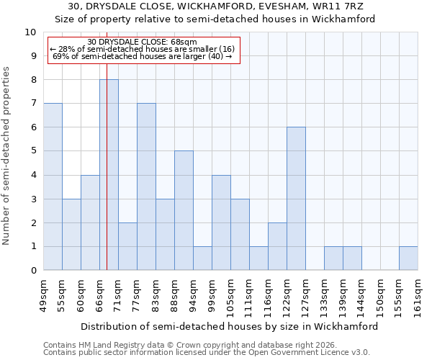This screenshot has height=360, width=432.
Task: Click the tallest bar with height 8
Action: point(109,175)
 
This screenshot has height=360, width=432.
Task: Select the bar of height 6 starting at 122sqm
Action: point(296,199)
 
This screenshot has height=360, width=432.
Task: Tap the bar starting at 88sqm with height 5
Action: point(184,210)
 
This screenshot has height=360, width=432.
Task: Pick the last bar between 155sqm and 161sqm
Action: point(408,258)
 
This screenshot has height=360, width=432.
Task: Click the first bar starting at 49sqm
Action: point(53,186)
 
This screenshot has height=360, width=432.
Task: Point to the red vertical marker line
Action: point(107,180)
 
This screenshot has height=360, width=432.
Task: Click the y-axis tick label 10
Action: point(30,32)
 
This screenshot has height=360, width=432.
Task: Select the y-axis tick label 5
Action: point(33,151)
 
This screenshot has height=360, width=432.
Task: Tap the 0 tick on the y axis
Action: point(33,271)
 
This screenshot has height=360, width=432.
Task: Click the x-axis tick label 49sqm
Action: point(43,295)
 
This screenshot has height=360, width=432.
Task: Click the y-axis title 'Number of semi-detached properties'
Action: point(7,156)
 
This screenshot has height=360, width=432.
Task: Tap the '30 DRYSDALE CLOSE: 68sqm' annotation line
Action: point(142,42)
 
